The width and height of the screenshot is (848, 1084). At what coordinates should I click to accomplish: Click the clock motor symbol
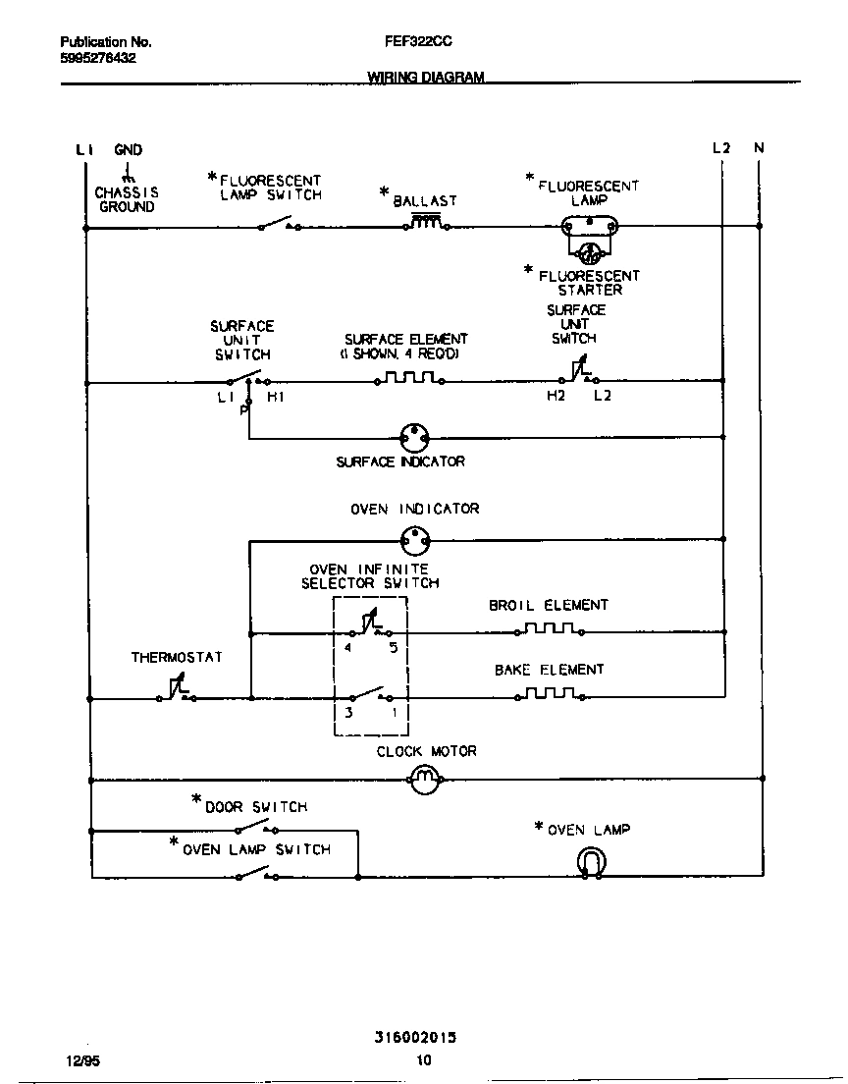tap(424, 781)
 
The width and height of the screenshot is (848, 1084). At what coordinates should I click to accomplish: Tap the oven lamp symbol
tap(591, 862)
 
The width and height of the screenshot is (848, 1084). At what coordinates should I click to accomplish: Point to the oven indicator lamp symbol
tap(416, 538)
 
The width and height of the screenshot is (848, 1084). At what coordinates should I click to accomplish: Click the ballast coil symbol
tap(425, 223)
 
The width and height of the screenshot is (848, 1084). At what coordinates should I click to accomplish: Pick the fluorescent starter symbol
tap(589, 253)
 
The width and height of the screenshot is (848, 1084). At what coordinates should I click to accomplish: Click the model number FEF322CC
tap(419, 42)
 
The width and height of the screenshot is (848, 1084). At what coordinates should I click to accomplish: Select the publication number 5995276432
tap(98, 58)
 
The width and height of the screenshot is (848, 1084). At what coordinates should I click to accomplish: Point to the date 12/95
tap(75, 1060)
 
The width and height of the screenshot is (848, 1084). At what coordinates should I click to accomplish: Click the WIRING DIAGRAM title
tap(425, 77)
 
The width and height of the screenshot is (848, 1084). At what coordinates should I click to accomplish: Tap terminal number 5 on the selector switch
tap(394, 648)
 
